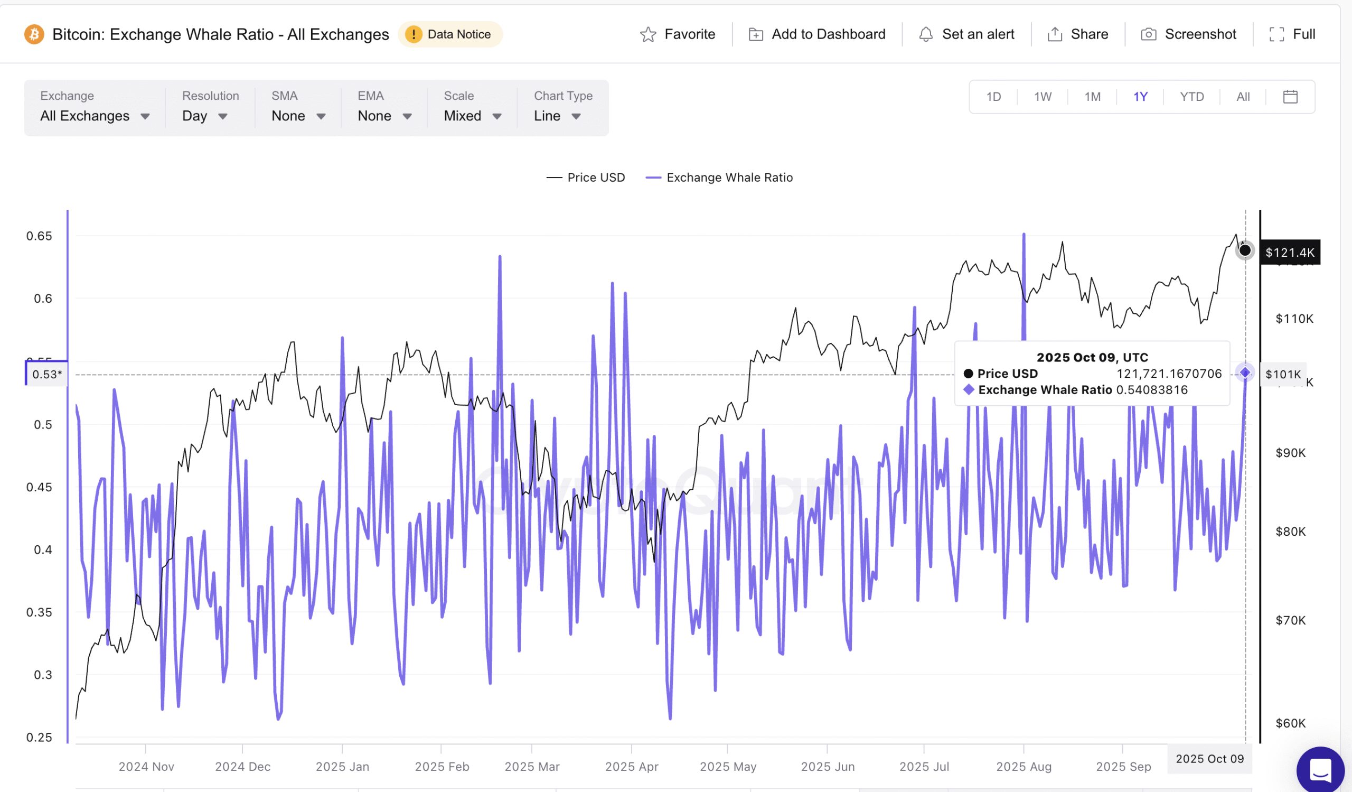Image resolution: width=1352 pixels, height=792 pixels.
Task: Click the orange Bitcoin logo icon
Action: click(x=34, y=34)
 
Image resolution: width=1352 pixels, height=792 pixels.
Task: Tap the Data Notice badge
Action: click(x=449, y=34)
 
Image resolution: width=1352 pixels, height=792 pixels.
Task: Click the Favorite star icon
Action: click(x=648, y=34)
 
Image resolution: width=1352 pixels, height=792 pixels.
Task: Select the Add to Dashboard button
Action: click(x=816, y=34)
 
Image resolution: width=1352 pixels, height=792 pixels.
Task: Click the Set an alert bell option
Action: click(x=966, y=34)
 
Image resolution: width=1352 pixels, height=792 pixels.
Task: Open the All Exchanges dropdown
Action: click(x=95, y=116)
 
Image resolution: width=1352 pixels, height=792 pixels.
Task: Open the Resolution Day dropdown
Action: click(x=204, y=116)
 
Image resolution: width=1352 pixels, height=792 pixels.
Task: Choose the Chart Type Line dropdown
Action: click(x=557, y=116)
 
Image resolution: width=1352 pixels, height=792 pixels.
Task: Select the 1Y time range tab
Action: click(x=1140, y=97)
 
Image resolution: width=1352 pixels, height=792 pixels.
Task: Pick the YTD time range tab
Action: click(x=1191, y=97)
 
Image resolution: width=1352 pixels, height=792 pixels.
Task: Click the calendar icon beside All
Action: click(x=1290, y=97)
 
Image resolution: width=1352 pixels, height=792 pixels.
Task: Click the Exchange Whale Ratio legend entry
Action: click(x=719, y=178)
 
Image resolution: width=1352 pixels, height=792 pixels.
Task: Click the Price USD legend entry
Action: click(x=585, y=178)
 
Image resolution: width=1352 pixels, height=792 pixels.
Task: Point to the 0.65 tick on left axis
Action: click(x=39, y=236)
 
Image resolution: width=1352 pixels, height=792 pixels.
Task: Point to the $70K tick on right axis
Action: click(x=1290, y=620)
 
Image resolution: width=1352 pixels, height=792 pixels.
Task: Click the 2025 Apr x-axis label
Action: click(x=631, y=766)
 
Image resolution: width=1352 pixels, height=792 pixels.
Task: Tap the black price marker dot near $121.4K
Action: click(x=1245, y=250)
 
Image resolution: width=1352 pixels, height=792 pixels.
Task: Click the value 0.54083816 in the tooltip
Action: click(x=1152, y=390)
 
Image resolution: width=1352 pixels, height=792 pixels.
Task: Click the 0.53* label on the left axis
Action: click(x=46, y=374)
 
